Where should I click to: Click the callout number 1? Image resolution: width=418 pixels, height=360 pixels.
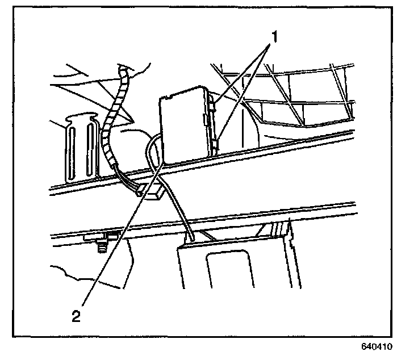coord(274,38)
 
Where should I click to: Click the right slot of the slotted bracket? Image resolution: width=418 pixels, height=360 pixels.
coord(90,153)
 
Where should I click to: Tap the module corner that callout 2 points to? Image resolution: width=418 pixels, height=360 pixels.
coord(164,162)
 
